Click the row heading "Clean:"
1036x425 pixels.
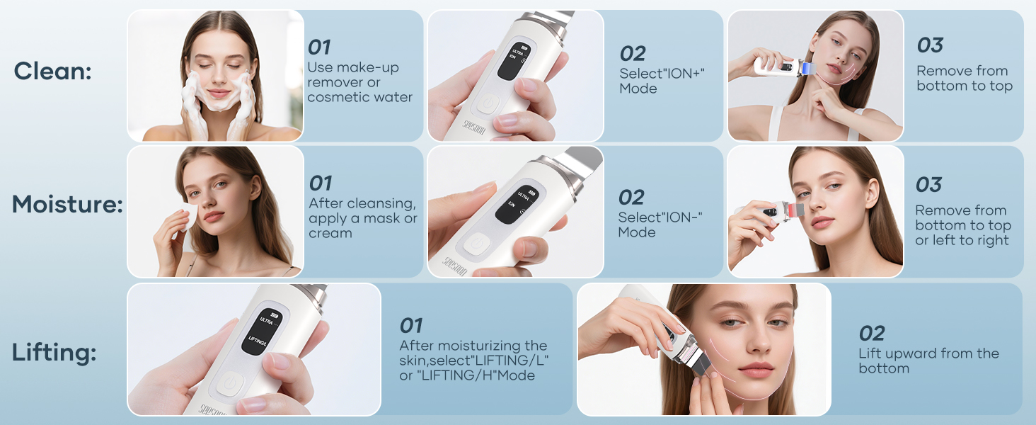coord(52,71)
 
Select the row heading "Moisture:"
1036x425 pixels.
coord(67,205)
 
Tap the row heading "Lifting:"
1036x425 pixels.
coord(54,352)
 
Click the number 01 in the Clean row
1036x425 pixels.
coord(319,47)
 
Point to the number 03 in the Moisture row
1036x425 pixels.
coord(928,185)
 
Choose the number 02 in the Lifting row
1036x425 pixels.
coord(872,333)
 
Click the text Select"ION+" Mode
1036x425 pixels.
coord(662,81)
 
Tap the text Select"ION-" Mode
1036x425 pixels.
coord(660,225)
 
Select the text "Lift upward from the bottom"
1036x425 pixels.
coord(928,361)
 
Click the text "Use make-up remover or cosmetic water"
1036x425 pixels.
coord(359,82)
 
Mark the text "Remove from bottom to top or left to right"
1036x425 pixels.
coord(962,225)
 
